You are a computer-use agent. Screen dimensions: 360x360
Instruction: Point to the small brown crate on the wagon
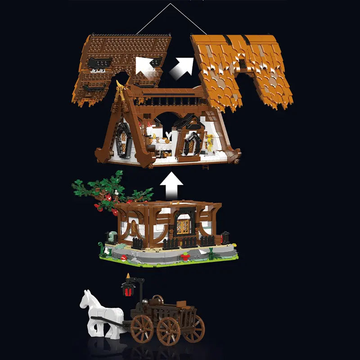tap(182, 304)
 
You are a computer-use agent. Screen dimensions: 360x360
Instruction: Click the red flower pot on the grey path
tap(185, 256)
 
